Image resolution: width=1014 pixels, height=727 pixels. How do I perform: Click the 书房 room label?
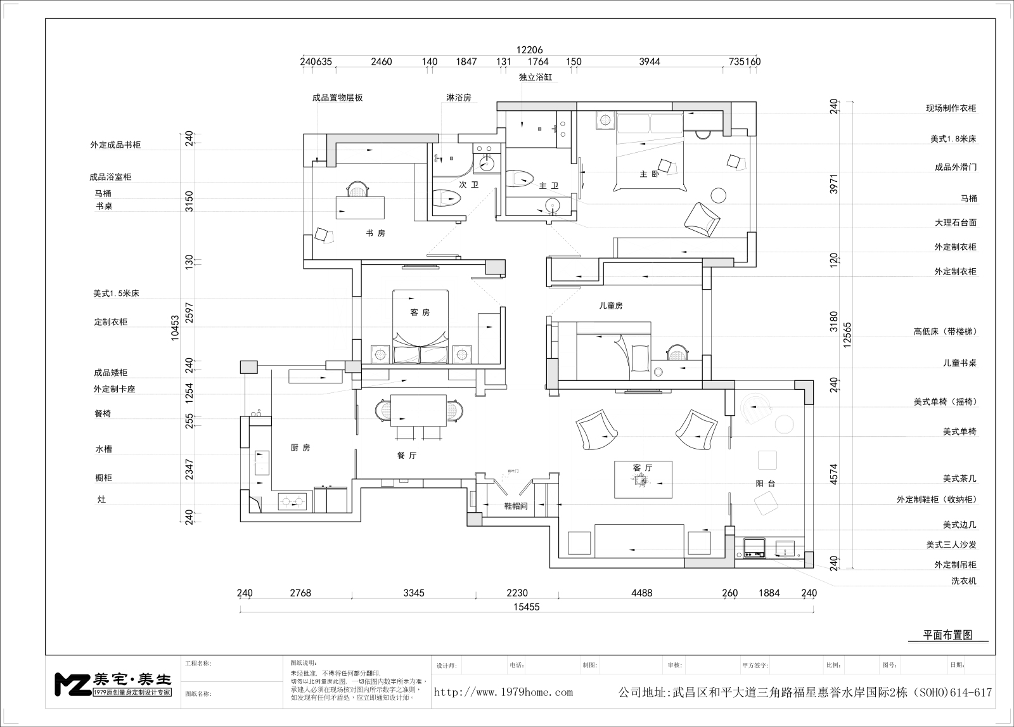pyautogui.click(x=375, y=233)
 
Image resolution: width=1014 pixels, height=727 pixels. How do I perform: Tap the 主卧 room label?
pyautogui.click(x=645, y=174)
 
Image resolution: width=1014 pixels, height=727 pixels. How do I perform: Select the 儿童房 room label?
pyautogui.click(x=611, y=306)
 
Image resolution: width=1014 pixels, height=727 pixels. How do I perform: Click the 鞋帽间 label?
pyautogui.click(x=516, y=506)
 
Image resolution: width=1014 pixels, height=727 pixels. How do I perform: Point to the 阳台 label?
pyautogui.click(x=766, y=483)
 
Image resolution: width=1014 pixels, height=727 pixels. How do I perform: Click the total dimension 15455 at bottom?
pyautogui.click(x=526, y=607)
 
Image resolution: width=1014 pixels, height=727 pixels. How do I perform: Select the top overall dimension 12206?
pyautogui.click(x=530, y=50)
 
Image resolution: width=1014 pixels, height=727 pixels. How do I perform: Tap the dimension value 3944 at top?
pyautogui.click(x=650, y=61)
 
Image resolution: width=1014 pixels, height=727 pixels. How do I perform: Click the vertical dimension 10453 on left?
pyautogui.click(x=176, y=328)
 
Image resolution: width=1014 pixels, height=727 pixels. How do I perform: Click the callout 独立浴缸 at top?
pyautogui.click(x=536, y=77)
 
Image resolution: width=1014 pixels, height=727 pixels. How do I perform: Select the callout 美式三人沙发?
pyautogui.click(x=951, y=544)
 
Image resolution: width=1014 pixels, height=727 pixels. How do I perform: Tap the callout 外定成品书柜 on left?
pyautogui.click(x=115, y=145)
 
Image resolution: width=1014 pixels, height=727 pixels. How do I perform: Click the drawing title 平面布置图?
pyautogui.click(x=947, y=635)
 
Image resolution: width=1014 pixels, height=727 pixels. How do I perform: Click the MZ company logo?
pyautogui.click(x=113, y=683)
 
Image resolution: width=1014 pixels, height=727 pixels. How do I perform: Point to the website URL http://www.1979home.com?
pyautogui.click(x=503, y=692)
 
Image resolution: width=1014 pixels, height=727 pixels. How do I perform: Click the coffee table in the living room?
pyautogui.click(x=643, y=480)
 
